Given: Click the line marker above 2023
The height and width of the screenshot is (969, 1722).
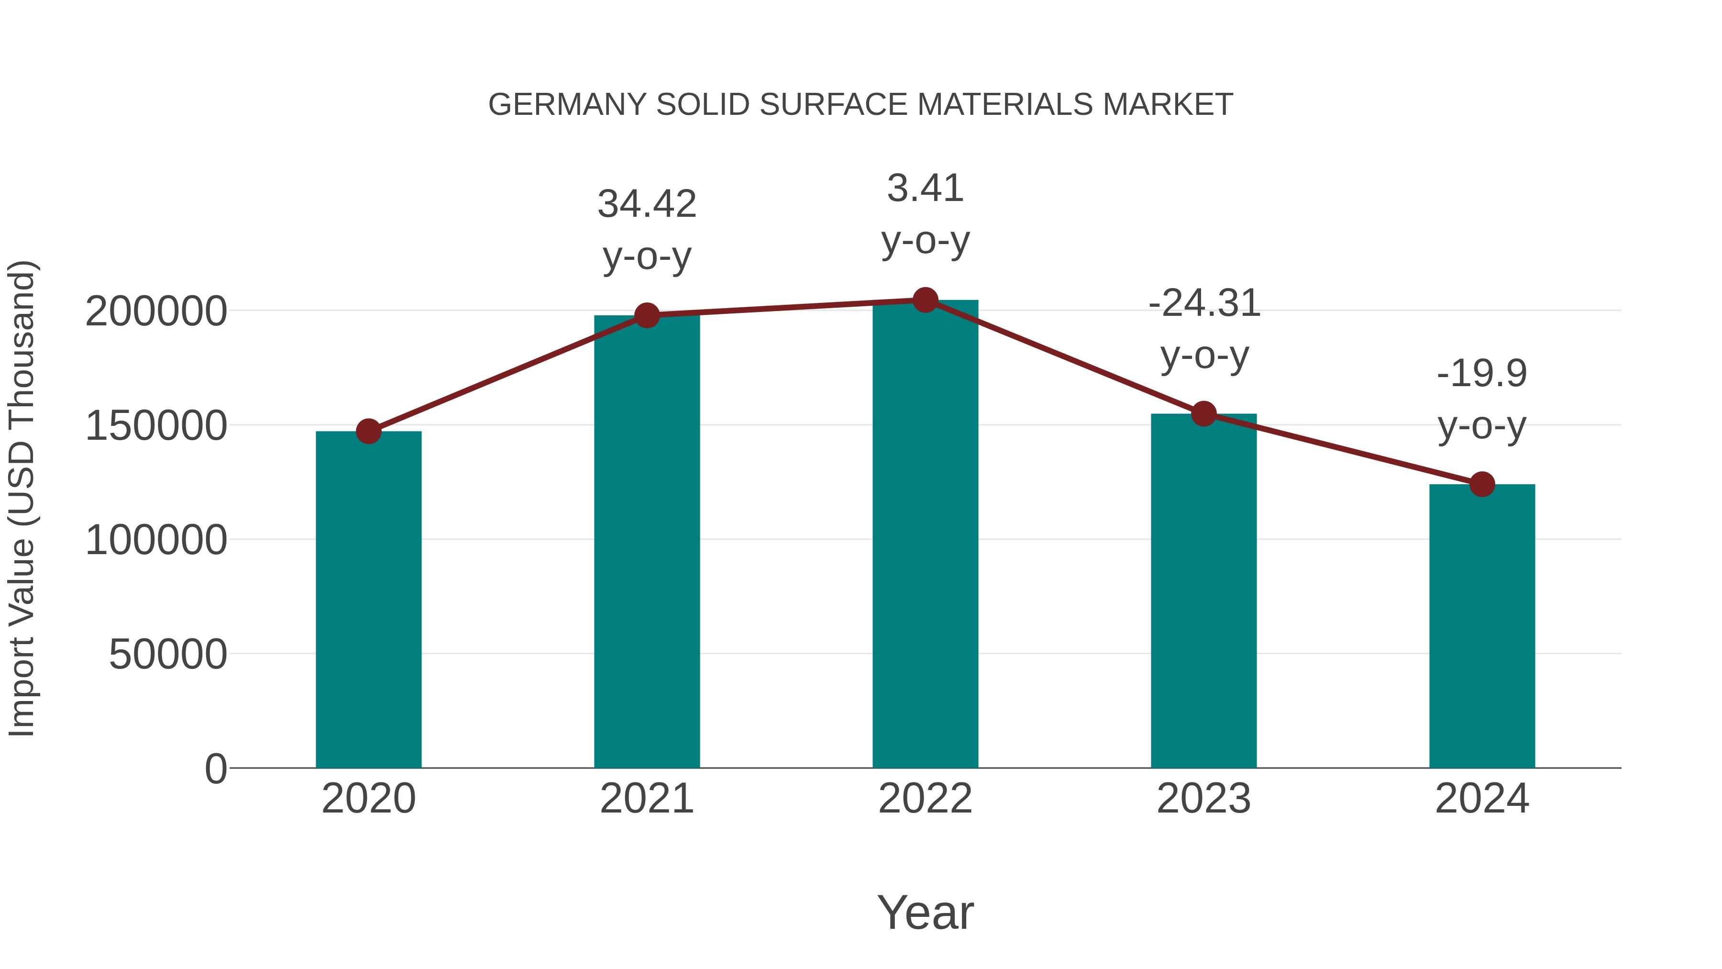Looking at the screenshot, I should pos(1203,414).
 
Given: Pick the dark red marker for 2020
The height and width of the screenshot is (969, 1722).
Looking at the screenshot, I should pos(368,431).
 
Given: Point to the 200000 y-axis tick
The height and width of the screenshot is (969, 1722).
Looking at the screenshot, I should pos(156,312).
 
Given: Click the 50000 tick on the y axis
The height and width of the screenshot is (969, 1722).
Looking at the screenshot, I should pos(168,654).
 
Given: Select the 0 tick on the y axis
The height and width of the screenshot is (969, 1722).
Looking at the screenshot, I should pos(215,769).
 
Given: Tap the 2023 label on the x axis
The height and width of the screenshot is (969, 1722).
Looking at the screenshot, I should pos(1203,799).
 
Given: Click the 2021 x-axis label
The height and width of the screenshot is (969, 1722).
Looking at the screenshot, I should pos(647,799).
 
